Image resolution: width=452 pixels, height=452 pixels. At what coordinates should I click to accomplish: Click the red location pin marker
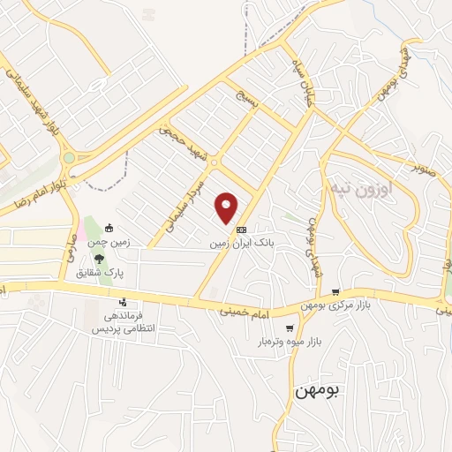click(227, 207)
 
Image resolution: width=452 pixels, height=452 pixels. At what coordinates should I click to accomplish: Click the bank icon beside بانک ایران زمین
click(242, 228)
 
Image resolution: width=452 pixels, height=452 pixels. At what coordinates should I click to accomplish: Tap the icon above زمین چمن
click(109, 227)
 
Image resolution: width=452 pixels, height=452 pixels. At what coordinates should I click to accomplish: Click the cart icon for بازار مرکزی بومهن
click(335, 291)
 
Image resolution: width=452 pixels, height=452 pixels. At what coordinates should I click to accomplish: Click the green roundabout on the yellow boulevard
click(68, 158)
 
